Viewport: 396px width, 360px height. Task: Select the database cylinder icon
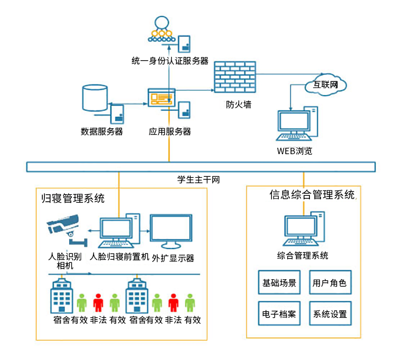pyautogui.click(x=95, y=97)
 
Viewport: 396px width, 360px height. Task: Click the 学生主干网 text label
pyautogui.click(x=198, y=179)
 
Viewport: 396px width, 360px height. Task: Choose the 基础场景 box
pyautogui.click(x=279, y=283)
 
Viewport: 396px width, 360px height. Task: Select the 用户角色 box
pyautogui.click(x=329, y=283)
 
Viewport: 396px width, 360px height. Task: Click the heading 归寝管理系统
pyautogui.click(x=73, y=199)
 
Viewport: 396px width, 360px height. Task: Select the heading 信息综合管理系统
pyautogui.click(x=312, y=195)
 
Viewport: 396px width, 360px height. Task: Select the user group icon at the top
pyautogui.click(x=161, y=30)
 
